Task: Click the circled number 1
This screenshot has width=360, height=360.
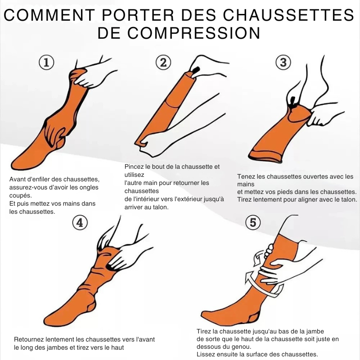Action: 46,63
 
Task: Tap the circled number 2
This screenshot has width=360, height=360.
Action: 163,63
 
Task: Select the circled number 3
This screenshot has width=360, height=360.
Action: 283,63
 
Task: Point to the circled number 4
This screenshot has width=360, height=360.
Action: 80,222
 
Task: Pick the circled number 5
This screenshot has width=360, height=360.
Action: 253,222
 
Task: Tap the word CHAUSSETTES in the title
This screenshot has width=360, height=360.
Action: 288,15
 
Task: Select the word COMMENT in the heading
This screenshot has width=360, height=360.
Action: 49,15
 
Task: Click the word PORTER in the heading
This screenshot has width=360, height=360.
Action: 138,15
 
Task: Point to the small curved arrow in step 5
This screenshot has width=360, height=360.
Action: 257,258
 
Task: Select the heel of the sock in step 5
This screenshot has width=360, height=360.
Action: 254,318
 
